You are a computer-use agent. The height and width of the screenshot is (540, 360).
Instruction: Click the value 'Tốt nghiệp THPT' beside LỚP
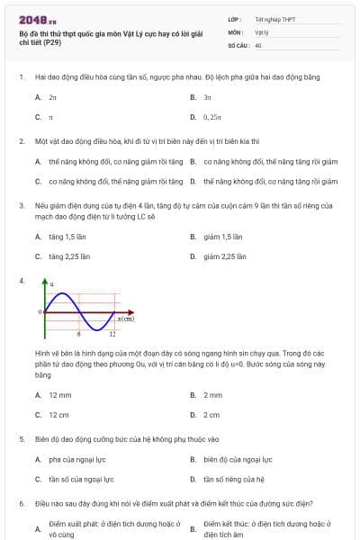click(x=275, y=19)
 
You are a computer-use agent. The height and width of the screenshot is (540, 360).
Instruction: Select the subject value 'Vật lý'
click(x=262, y=31)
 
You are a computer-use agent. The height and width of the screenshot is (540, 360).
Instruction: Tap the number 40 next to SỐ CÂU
click(x=258, y=44)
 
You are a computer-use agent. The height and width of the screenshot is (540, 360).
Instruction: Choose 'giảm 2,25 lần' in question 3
click(x=225, y=256)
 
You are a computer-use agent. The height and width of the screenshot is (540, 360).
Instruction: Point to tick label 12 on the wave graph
click(x=112, y=334)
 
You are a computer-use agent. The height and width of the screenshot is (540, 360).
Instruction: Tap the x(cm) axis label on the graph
click(x=126, y=319)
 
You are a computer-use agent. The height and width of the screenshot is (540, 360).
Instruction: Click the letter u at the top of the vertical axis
click(x=51, y=285)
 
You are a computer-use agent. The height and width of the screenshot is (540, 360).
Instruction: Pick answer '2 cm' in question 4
click(x=211, y=415)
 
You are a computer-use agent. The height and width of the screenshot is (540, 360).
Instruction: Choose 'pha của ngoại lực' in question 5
click(x=81, y=459)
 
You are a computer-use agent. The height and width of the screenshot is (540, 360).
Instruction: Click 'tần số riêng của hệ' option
click(x=234, y=480)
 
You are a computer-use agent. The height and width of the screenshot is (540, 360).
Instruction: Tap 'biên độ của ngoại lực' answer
click(x=238, y=459)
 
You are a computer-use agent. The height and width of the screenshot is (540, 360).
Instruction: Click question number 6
click(x=22, y=504)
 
